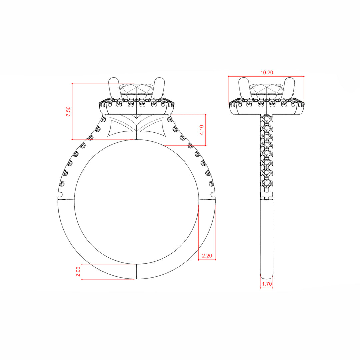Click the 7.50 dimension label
[68, 111]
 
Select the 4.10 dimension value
[202, 130]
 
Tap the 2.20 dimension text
[207, 256]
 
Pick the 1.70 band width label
[267, 284]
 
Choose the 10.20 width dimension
[267, 73]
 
